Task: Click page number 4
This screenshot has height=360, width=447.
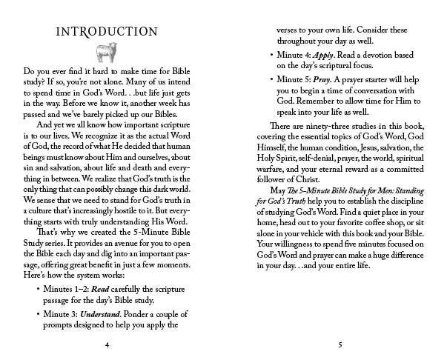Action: pos(107,344)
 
